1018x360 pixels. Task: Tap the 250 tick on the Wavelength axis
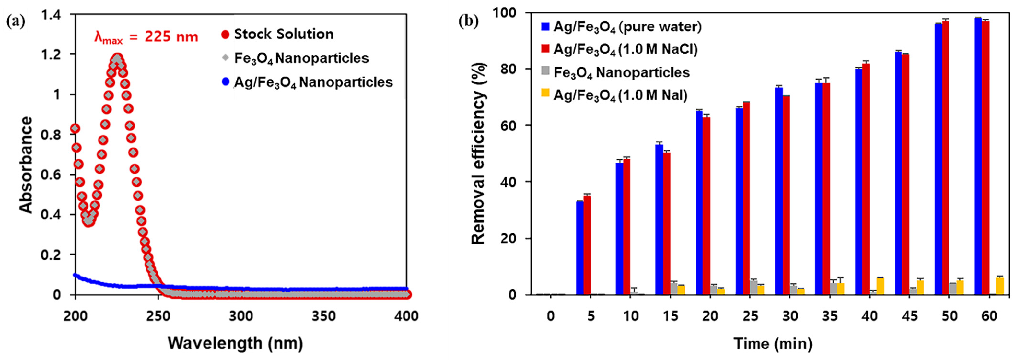tap(158, 316)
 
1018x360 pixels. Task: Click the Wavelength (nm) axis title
tap(235, 343)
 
